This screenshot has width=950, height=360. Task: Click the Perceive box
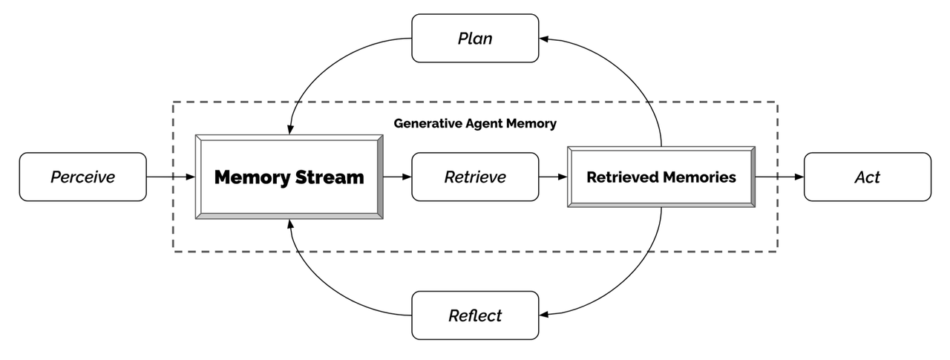(82, 177)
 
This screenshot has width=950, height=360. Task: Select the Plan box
(475, 38)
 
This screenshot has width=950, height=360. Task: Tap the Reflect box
(475, 315)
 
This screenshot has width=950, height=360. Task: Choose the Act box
(867, 177)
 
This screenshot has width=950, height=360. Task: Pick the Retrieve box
(475, 177)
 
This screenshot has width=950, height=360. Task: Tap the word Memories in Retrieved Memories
(701, 177)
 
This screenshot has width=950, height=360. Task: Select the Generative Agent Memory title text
(475, 124)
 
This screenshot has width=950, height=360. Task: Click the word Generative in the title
(425, 124)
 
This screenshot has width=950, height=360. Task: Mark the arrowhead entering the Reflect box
(544, 315)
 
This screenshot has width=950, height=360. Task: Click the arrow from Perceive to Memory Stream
(171, 177)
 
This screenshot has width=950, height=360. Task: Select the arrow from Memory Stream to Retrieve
(397, 177)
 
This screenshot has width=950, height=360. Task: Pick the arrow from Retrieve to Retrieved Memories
(553, 177)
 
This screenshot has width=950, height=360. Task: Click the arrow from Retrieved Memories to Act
(779, 177)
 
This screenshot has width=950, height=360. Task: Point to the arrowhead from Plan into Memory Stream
(289, 130)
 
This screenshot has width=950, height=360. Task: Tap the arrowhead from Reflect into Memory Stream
(289, 224)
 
